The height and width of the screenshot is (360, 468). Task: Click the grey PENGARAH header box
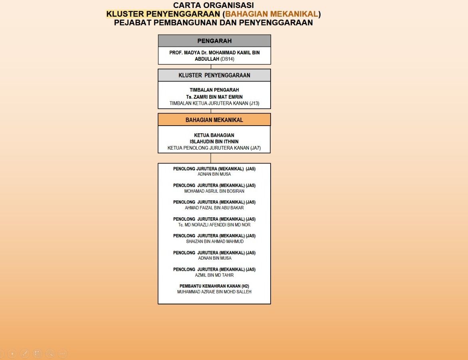[214, 41]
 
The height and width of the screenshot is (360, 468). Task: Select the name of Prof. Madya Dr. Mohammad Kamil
[214, 52]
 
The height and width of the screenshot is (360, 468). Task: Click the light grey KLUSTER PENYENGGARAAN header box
[214, 75]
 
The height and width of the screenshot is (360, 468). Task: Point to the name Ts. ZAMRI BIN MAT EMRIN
[214, 97]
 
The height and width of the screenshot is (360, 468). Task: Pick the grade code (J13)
[254, 103]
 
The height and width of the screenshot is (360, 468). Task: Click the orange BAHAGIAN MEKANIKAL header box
[214, 120]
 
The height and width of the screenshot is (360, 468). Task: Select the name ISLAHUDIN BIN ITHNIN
[214, 142]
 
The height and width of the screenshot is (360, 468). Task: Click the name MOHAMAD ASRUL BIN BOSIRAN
[214, 191]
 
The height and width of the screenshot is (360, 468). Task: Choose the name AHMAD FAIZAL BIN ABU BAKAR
[214, 208]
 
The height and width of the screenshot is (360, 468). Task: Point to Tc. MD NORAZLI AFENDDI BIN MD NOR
[214, 225]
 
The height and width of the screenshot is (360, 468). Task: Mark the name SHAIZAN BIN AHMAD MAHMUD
[214, 242]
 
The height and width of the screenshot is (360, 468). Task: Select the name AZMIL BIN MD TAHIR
[214, 275]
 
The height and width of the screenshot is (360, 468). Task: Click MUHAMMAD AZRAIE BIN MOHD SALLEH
[214, 292]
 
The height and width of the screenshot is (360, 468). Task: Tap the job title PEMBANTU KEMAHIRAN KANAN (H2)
[214, 286]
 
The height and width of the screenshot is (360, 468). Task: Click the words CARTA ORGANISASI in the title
[213, 5]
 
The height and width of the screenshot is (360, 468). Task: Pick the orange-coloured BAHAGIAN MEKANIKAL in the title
[271, 14]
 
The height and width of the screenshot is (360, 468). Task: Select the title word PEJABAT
[132, 22]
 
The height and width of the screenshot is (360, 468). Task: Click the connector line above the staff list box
[211, 158]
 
